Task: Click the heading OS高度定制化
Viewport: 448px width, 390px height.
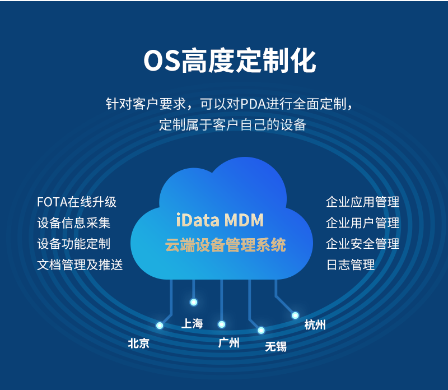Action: pyautogui.click(x=230, y=61)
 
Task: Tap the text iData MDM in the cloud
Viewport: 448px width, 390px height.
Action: pyautogui.click(x=220, y=220)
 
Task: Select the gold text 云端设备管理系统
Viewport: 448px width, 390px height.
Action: pyautogui.click(x=225, y=245)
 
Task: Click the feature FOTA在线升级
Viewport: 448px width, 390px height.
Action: pyautogui.click(x=77, y=202)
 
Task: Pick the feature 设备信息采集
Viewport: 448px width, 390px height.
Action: pyautogui.click(x=74, y=222)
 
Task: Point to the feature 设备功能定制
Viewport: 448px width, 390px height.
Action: pyautogui.click(x=74, y=244)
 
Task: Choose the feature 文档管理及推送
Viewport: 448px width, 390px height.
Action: pyautogui.click(x=80, y=264)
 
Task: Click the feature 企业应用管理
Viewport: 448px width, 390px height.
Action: pyautogui.click(x=362, y=202)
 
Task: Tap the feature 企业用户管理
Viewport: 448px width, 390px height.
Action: pyautogui.click(x=362, y=222)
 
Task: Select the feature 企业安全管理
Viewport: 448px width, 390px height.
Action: pyautogui.click(x=362, y=244)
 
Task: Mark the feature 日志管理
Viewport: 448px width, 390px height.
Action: pyautogui.click(x=350, y=264)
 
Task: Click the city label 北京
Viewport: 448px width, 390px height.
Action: pyautogui.click(x=138, y=343)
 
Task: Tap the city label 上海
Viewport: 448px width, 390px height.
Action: pyautogui.click(x=192, y=323)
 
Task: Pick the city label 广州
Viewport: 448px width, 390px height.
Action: pyautogui.click(x=228, y=342)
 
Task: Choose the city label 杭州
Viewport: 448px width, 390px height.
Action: pyautogui.click(x=315, y=325)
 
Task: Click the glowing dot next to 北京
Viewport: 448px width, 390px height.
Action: pyautogui.click(x=160, y=325)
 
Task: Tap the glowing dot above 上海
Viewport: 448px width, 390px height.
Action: pyautogui.click(x=194, y=302)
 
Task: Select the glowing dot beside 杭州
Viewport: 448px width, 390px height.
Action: pyautogui.click(x=295, y=315)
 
